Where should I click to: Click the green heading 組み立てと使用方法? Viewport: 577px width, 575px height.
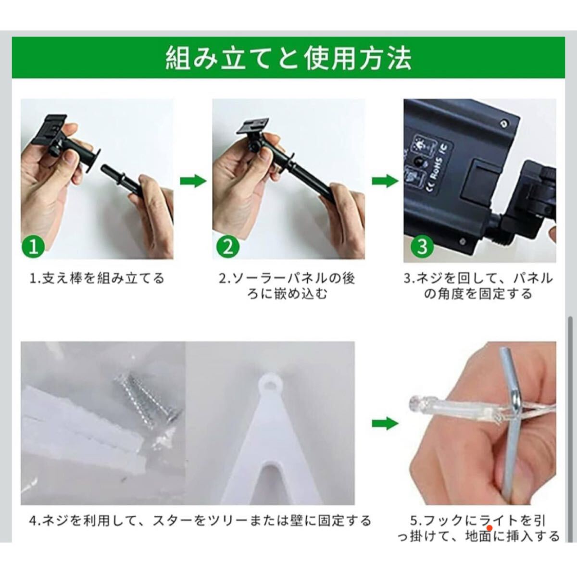288,58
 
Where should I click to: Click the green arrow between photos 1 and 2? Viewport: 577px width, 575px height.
193,181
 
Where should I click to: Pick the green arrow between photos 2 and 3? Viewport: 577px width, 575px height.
385,181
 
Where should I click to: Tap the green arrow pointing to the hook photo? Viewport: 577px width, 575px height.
385,424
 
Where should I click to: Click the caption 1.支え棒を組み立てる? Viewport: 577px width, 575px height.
97,278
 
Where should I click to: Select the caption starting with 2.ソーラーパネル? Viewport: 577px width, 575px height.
287,286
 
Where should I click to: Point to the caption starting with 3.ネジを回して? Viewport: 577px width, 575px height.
478,286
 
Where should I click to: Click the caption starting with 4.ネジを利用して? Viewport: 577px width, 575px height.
200,521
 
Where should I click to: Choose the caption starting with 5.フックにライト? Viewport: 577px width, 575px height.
478,528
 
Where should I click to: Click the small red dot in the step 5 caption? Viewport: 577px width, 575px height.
489,528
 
